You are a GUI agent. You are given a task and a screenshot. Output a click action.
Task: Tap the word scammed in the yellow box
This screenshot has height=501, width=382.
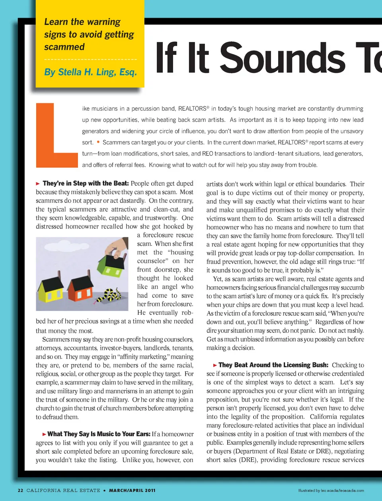click(64, 47)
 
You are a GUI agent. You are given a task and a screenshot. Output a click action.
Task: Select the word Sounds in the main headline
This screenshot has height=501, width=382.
click(283, 59)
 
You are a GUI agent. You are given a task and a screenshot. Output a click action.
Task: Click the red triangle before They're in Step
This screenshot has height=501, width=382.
click(38, 184)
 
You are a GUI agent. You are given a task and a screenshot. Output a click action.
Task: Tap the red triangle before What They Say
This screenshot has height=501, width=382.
click(45, 434)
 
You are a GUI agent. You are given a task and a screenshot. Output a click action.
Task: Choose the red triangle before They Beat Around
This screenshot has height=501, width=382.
click(215, 365)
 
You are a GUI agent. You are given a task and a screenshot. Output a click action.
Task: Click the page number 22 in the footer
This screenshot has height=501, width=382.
click(20, 490)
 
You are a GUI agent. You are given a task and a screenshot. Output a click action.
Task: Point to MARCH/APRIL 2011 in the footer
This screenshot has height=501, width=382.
click(132, 490)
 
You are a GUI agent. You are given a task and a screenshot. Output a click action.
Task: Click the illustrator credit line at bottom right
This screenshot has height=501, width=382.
click(331, 491)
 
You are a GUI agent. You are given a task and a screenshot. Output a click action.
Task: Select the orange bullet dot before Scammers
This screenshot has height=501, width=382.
click(98, 142)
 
